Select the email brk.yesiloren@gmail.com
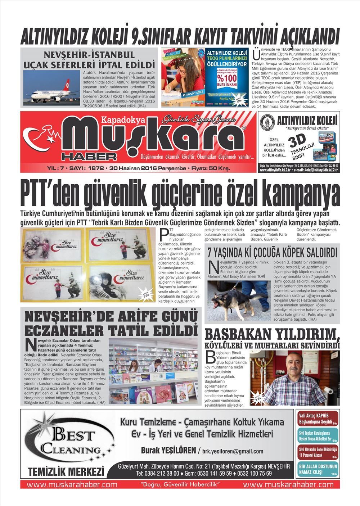pyautogui.click(x=233, y=451)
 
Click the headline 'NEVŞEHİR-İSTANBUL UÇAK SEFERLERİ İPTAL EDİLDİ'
pyautogui.click(x=89, y=60)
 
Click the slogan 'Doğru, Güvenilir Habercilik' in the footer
pyautogui.click(x=180, y=484)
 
